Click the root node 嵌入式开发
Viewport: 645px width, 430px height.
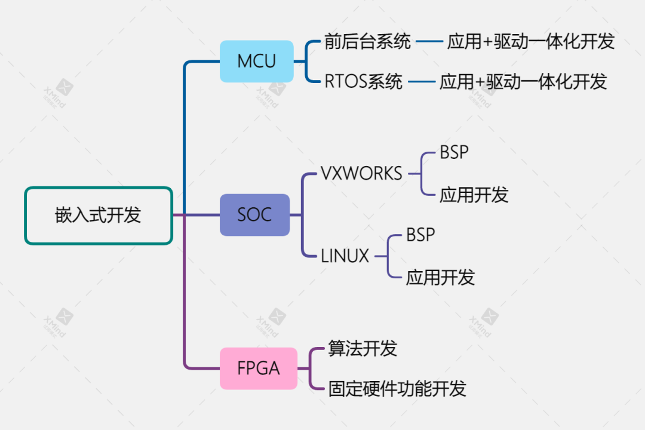coord(99,216)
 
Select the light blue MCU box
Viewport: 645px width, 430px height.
coord(257,62)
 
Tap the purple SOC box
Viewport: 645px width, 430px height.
coord(255,215)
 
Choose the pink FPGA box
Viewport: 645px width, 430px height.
coord(259,368)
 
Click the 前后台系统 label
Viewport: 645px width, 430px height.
coord(367,42)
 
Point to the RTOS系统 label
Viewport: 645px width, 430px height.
coord(363,82)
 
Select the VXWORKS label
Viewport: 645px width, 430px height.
coord(361,173)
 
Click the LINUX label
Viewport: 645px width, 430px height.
coord(345,256)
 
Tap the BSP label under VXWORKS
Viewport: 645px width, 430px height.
coord(454,153)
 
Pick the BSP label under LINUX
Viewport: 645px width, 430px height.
coord(420,235)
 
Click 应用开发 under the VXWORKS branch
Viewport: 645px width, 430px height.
coord(474,195)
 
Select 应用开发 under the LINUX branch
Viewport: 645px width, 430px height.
coord(440,277)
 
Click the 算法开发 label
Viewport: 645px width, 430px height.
coord(363,348)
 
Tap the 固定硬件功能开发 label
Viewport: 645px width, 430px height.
coord(397,389)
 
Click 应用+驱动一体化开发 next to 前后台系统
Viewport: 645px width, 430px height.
coord(530,42)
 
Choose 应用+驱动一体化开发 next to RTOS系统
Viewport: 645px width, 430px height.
coord(523,82)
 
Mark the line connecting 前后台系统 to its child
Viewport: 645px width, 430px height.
coord(428,42)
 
